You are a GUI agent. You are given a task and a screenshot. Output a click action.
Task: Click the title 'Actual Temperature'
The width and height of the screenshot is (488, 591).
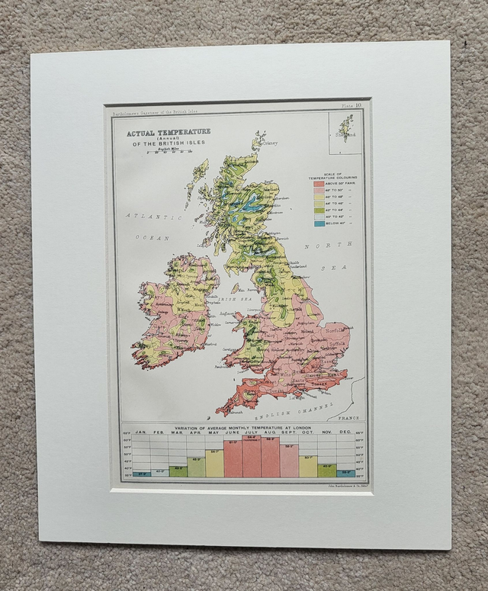click(x=169, y=131)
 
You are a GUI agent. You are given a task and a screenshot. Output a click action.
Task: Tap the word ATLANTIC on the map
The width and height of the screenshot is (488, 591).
click(x=146, y=216)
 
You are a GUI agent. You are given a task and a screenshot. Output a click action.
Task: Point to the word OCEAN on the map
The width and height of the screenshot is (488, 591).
click(x=152, y=238)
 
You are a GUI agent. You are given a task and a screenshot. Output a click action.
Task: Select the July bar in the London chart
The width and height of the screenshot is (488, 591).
click(x=252, y=457)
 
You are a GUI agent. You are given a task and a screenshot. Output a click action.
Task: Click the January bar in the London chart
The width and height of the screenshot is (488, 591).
click(x=140, y=474)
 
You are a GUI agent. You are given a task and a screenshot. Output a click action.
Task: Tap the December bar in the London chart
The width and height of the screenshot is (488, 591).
click(x=345, y=473)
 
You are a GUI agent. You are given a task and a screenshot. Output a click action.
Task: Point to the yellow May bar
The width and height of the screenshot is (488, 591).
click(x=214, y=463)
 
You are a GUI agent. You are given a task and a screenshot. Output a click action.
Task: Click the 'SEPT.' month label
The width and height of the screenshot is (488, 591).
click(x=289, y=433)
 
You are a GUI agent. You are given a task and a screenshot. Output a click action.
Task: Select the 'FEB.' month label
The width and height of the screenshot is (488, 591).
click(x=159, y=433)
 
